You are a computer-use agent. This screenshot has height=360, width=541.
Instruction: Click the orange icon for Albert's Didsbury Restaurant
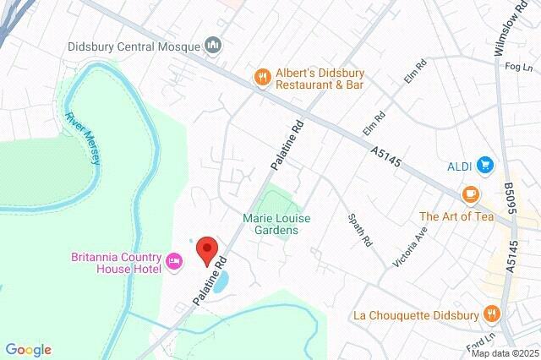pos(263,76)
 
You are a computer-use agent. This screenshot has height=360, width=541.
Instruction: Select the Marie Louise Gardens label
pos(276,224)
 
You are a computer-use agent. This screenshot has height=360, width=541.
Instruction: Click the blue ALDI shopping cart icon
pos(484,164)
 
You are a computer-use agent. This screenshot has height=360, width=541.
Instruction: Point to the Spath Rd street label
pos(359,229)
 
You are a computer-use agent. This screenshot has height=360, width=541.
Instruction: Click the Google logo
pos(28,350)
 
